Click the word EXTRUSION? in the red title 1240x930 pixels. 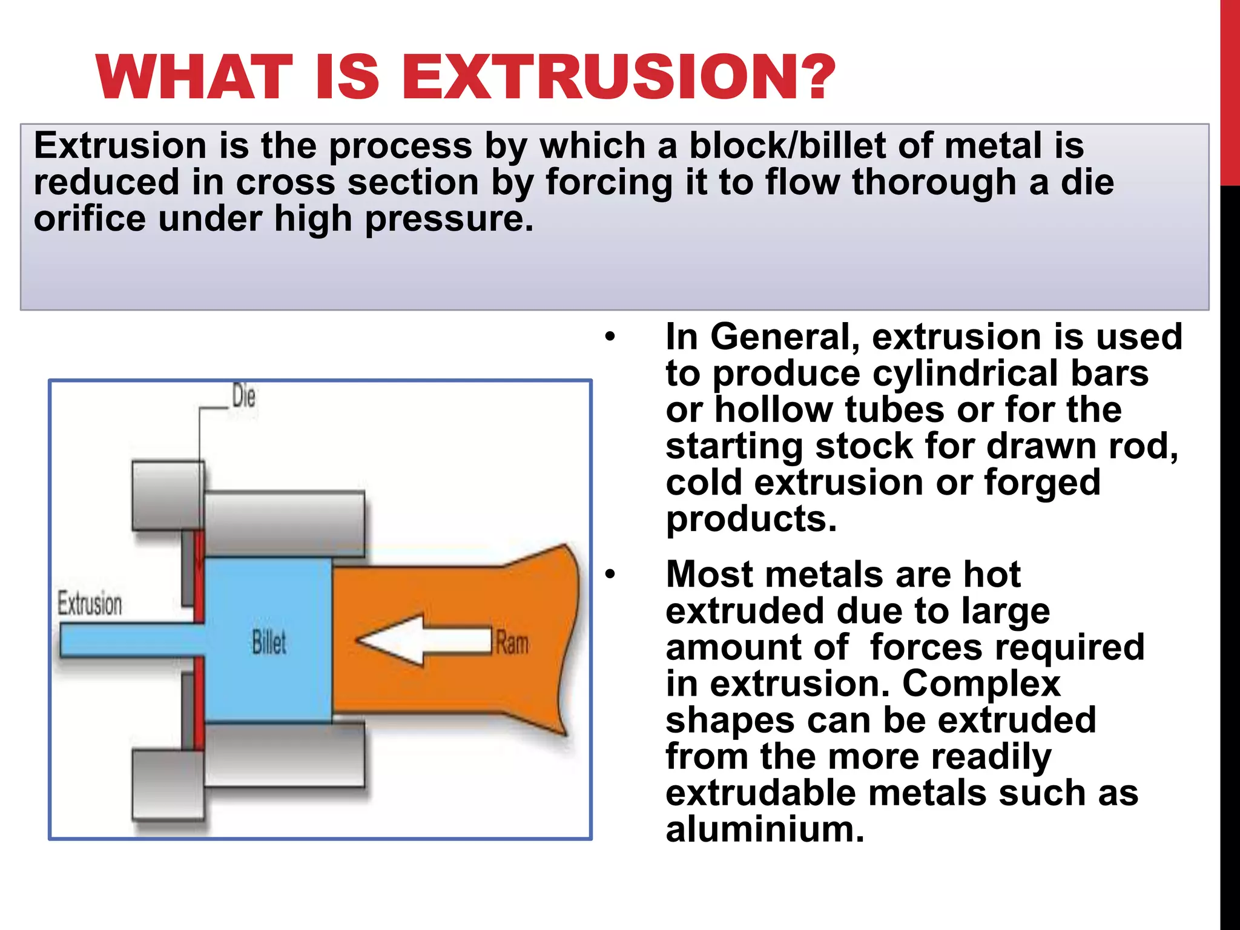[618, 77]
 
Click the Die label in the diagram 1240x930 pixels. [243, 397]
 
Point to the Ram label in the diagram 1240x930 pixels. [512, 643]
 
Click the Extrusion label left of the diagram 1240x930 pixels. [90, 604]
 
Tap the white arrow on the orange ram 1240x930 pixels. [424, 641]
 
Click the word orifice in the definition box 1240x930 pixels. [90, 219]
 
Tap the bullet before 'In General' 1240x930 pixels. [610, 337]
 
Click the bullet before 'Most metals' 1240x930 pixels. [610, 575]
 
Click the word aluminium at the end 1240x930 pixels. [764, 829]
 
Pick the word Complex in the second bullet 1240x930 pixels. [981, 684]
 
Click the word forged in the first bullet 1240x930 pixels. [1042, 483]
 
